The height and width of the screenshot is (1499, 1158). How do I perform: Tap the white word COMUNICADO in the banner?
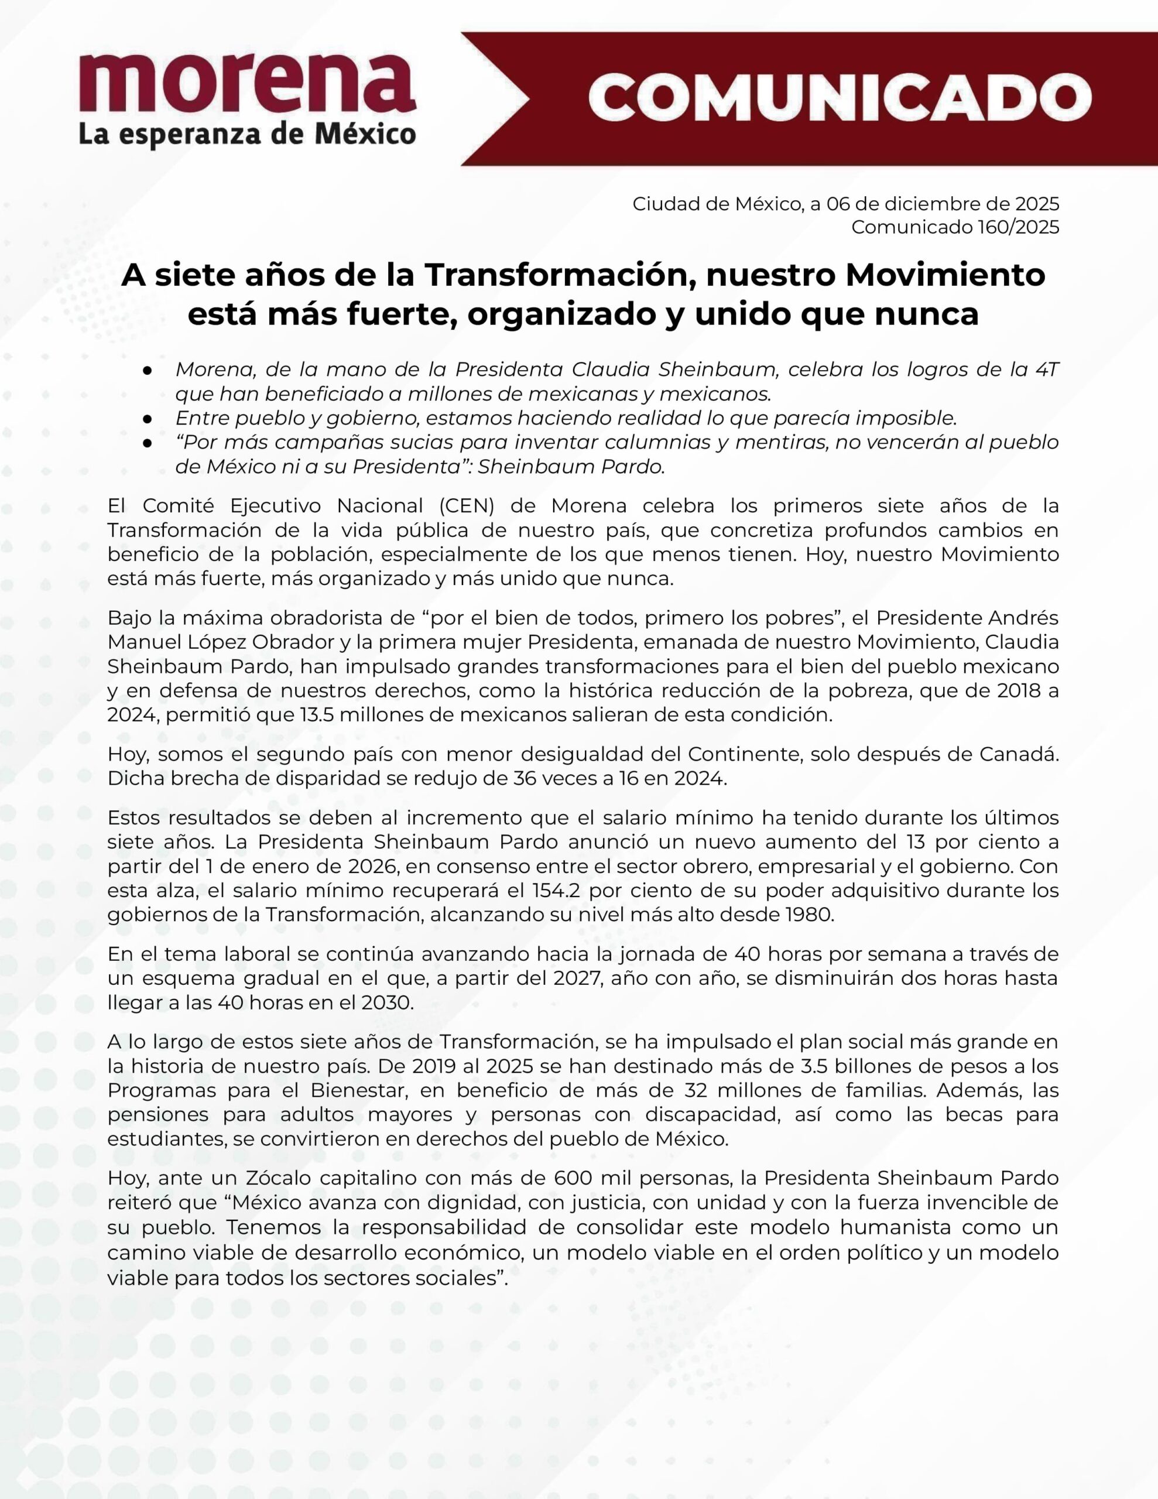(x=839, y=97)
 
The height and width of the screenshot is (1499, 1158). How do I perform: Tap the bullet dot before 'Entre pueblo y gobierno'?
(x=147, y=418)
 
